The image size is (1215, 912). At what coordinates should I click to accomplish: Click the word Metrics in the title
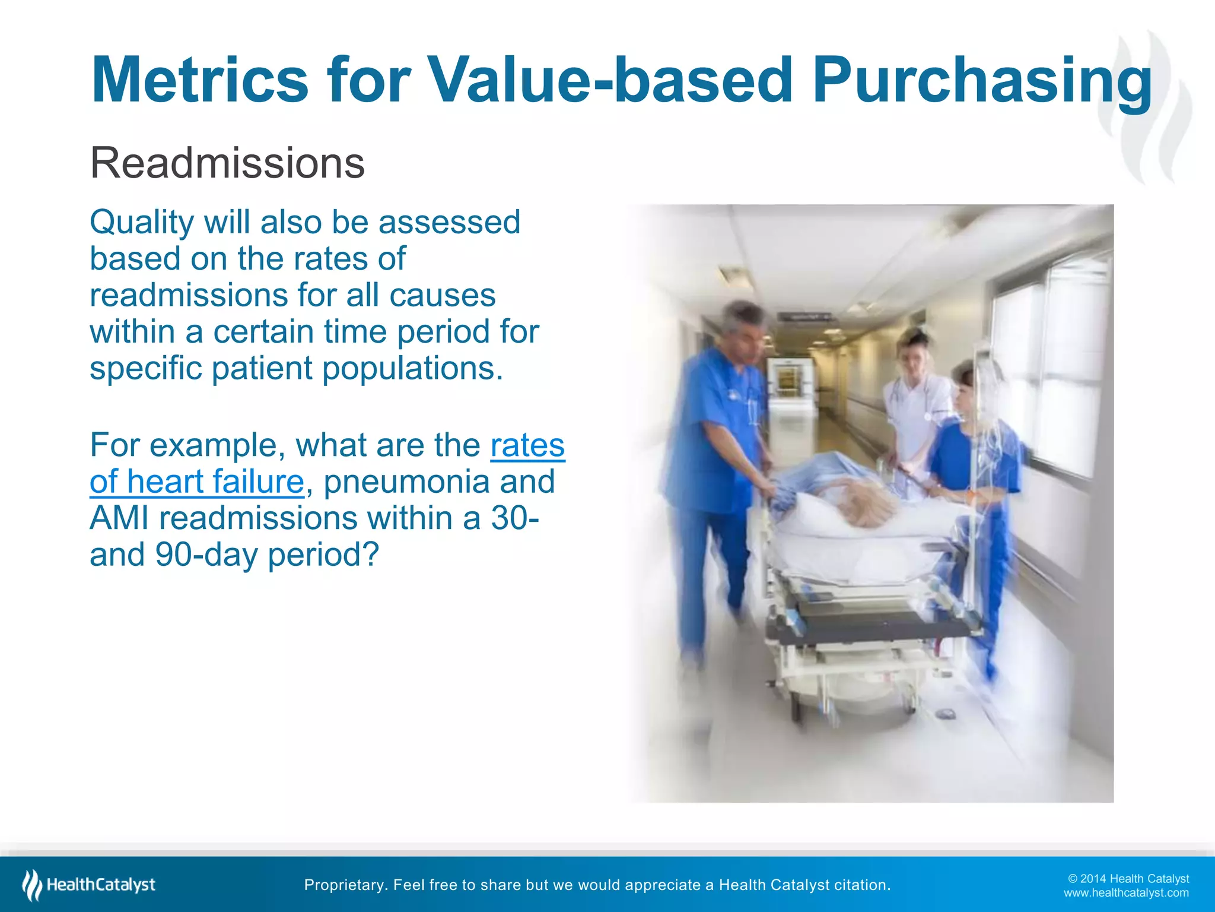(199, 80)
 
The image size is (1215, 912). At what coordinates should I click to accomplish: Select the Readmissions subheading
(227, 163)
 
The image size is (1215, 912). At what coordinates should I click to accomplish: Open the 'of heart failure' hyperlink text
(197, 482)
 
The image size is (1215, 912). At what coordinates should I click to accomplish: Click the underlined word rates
(527, 445)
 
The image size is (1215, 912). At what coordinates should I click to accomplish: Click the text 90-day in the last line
(207, 555)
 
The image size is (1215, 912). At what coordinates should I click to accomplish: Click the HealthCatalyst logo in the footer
(89, 885)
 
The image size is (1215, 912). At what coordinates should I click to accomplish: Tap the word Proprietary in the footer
(346, 885)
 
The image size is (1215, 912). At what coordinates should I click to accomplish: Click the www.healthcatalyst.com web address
(1126, 893)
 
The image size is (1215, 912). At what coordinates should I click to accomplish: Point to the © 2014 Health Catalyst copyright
(1128, 879)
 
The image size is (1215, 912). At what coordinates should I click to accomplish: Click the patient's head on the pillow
(869, 505)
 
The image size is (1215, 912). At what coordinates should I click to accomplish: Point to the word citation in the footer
(861, 885)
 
